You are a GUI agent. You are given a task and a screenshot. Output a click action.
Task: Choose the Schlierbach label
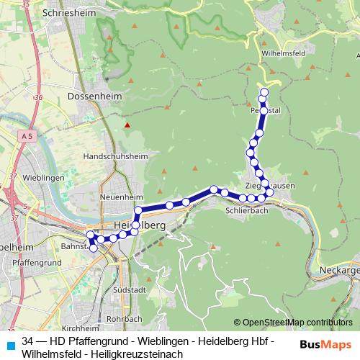coord(246,211)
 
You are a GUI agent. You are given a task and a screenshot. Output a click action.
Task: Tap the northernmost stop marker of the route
coord(264,91)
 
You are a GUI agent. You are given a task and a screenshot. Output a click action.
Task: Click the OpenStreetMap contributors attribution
coord(293,322)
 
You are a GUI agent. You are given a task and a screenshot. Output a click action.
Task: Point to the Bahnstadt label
coord(72,246)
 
